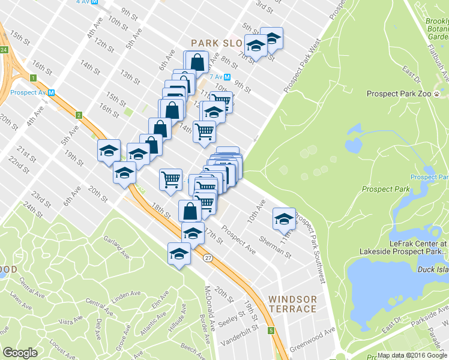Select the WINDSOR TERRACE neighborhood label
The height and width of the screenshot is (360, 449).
[292, 304]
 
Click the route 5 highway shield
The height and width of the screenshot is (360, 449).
[271, 331]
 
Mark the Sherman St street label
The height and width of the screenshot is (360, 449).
[276, 247]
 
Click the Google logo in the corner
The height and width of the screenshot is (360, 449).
[20, 353]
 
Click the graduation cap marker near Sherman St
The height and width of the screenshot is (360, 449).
[284, 217]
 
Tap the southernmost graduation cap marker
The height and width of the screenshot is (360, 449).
[179, 253]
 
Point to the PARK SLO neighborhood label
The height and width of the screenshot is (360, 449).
[217, 43]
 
